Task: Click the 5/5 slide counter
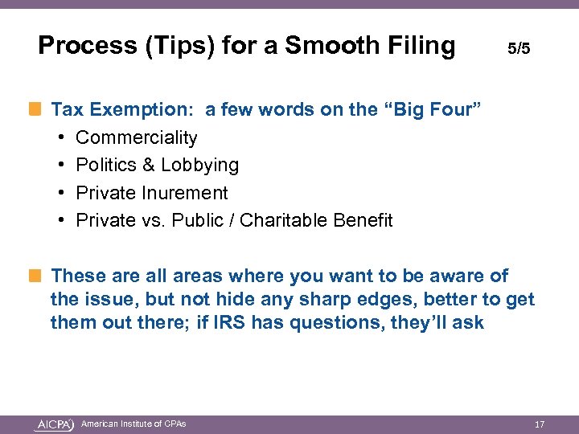(519, 49)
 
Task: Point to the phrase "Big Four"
(435, 110)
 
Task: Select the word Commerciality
(136, 137)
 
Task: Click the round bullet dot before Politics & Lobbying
(61, 165)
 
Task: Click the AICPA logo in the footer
(55, 424)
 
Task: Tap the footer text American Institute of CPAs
(133, 424)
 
